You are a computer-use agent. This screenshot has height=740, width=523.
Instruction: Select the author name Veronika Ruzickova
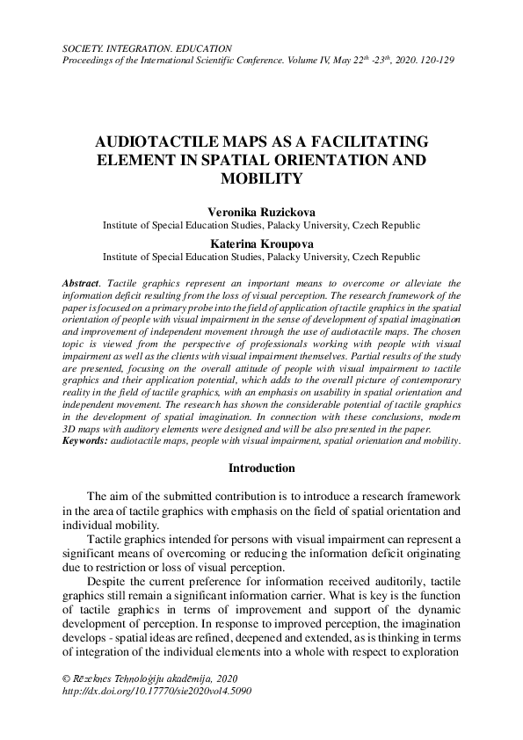coord(261,212)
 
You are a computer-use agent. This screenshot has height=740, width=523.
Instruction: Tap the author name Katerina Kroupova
coord(261,243)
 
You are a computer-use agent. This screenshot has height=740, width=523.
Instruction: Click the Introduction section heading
coord(261,468)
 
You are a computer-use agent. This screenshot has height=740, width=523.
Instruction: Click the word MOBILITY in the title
coord(261,179)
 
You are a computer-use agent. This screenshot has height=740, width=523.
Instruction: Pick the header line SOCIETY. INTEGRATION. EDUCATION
coord(147,47)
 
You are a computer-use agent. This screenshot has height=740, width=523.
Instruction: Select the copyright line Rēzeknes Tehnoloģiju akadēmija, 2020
coord(151,678)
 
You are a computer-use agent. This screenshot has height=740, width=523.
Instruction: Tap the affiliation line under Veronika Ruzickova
coord(261,225)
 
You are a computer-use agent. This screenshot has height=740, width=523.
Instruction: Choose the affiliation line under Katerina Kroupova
coord(261,257)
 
